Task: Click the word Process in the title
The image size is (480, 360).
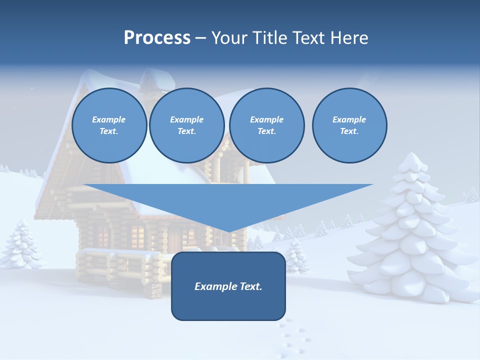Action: click(x=157, y=38)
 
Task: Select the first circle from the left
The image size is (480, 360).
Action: click(x=109, y=125)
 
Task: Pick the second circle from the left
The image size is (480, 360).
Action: click(x=186, y=125)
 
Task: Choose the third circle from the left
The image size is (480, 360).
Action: click(x=266, y=125)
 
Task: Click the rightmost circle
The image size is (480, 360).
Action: click(x=349, y=125)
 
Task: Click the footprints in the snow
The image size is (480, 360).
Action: click(x=292, y=337)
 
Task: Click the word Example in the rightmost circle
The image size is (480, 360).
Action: click(x=349, y=119)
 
